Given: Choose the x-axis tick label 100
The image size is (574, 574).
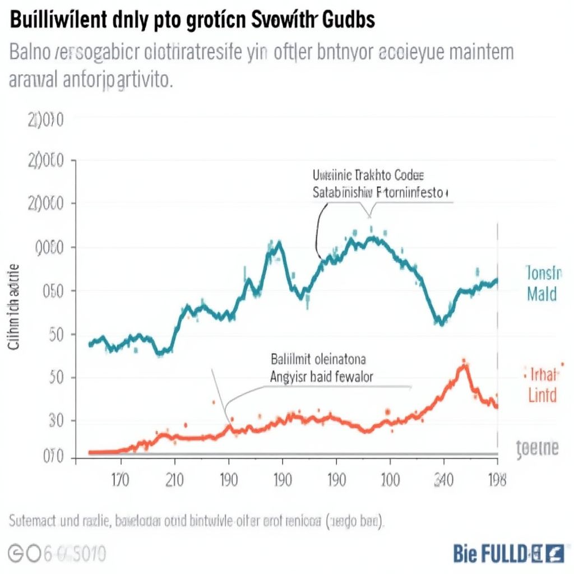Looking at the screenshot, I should [390, 480].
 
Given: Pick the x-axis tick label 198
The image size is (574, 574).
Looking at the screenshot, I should [497, 480].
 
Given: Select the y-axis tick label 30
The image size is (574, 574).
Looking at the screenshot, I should [51, 421].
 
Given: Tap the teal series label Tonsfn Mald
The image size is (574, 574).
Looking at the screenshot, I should [543, 283].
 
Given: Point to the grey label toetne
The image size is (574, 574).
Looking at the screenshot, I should [537, 448].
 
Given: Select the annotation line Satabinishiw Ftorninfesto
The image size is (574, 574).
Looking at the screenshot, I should [379, 193].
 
